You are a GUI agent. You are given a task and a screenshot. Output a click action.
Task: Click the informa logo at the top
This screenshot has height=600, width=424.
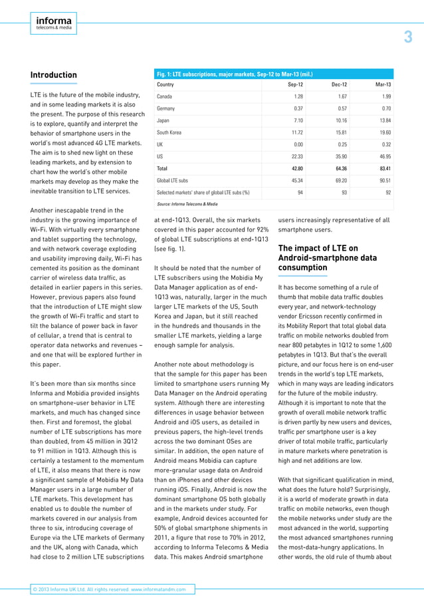point(54,25)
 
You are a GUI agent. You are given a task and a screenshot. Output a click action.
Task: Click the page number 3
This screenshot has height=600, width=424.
point(408,38)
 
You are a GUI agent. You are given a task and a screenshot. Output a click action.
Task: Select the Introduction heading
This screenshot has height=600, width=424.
point(54,75)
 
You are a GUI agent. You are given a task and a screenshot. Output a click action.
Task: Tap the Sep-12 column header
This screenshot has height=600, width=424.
point(295,85)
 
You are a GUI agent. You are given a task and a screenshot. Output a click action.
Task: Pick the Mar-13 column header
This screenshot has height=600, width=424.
point(383,85)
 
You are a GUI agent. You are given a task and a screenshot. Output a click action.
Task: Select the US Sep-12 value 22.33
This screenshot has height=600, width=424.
point(295,156)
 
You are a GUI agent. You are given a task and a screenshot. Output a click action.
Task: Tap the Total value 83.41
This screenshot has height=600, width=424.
point(382,168)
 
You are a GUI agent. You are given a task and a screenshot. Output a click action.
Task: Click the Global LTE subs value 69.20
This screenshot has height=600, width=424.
point(339,180)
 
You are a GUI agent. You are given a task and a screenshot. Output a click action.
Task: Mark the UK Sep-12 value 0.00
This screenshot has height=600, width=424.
point(298,144)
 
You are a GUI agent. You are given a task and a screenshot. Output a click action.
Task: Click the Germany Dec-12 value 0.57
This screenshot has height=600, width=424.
point(340,108)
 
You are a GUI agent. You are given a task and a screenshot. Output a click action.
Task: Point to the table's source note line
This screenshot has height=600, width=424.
point(187,204)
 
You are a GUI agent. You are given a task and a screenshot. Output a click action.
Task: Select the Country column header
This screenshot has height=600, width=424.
point(165,85)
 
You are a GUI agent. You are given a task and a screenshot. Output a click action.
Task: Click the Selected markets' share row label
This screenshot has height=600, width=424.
point(203,192)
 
